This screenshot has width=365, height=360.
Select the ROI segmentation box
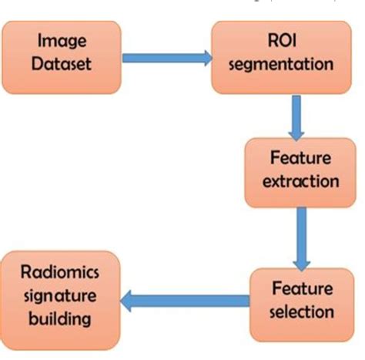pos(279,51)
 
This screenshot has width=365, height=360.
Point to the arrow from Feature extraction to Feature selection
pos(301,234)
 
